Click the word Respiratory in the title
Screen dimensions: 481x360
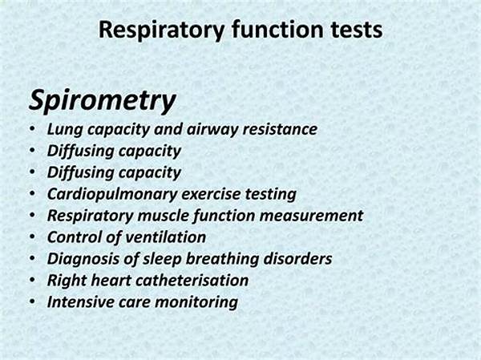click(x=162, y=30)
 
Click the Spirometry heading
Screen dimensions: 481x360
click(x=102, y=101)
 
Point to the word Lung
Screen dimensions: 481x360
click(x=65, y=130)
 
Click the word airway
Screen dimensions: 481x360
click(x=212, y=130)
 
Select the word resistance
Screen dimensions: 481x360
click(x=280, y=129)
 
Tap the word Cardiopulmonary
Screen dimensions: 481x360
click(x=112, y=194)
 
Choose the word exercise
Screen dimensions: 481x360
click(x=211, y=194)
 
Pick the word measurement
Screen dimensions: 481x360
click(x=311, y=216)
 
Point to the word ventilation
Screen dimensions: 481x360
click(x=166, y=237)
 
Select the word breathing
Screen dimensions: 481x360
click(x=222, y=259)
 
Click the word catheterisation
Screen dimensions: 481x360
click(x=192, y=281)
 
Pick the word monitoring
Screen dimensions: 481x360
click(x=196, y=302)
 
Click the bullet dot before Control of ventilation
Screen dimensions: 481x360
click(x=33, y=237)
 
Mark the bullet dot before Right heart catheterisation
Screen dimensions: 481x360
click(x=33, y=280)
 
